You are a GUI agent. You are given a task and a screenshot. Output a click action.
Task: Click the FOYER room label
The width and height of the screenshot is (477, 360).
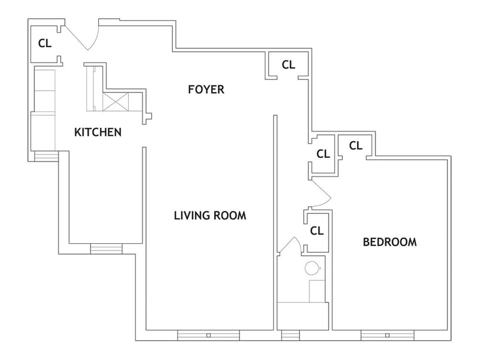pos(206,89)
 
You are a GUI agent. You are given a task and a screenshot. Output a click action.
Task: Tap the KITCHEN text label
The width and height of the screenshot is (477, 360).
pos(98,132)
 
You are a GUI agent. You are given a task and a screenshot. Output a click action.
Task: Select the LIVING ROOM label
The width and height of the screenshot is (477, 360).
pos(210,216)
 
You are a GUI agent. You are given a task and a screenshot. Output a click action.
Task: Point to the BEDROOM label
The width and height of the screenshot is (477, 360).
pos(390,242)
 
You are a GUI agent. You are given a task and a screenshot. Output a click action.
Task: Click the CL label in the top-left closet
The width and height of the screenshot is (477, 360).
pos(45,44)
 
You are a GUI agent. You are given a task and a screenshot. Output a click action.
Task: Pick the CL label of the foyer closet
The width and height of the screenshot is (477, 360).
pos(289,64)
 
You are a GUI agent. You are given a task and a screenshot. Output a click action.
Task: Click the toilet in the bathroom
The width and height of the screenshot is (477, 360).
pos(312,268)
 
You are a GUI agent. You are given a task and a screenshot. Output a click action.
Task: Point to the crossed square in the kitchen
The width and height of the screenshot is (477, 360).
pos(116,102)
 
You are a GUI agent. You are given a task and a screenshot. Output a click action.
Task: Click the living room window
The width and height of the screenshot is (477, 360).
pos(208,335)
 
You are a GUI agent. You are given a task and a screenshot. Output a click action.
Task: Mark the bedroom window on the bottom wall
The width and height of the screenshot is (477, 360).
pos(387,335)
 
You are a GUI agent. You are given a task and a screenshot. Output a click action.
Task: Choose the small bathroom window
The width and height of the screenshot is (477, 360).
pos(290,335)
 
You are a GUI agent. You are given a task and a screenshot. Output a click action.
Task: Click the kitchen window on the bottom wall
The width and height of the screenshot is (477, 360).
pos(106,249)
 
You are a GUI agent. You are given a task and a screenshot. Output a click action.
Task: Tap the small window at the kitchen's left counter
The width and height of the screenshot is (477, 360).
pos(47,156)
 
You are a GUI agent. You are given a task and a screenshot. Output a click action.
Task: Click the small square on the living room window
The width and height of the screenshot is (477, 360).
pos(208,336)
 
